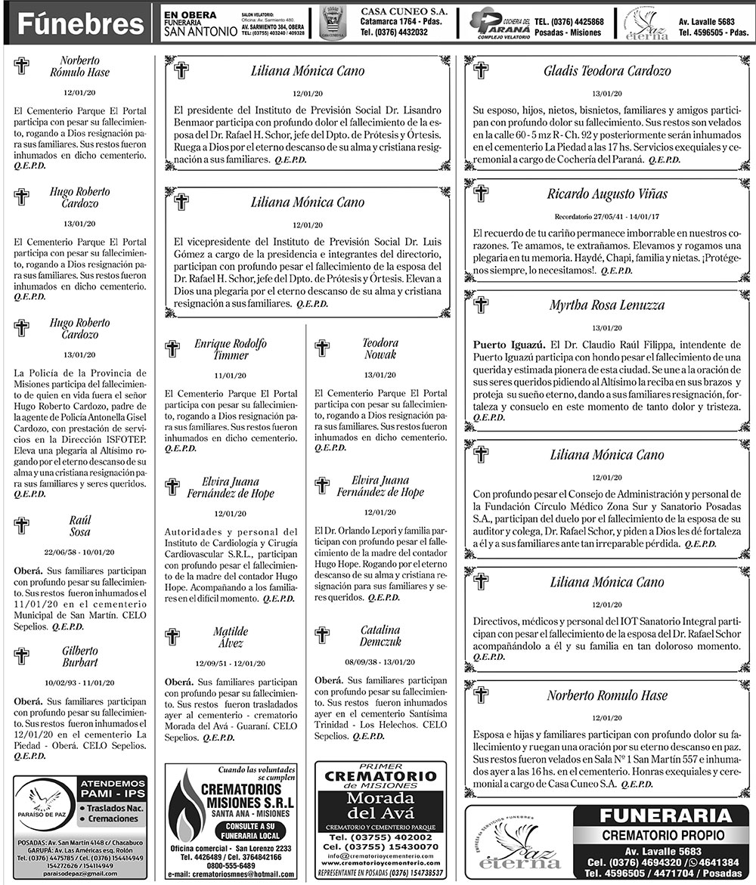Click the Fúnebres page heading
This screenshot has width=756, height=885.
80,24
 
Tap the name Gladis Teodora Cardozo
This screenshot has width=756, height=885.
607,72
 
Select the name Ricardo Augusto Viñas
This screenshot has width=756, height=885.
606,194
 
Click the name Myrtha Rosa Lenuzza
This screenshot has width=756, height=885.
607,306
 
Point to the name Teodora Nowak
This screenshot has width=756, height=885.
380,349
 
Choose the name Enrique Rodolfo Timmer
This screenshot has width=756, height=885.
231,349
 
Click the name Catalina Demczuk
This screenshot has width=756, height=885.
380,636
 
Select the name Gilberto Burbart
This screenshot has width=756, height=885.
80,657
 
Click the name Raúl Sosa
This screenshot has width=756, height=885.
80,526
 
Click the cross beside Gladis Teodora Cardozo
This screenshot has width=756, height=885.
481,71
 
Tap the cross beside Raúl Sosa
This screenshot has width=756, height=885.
22,525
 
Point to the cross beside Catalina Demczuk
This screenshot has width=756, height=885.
322,635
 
